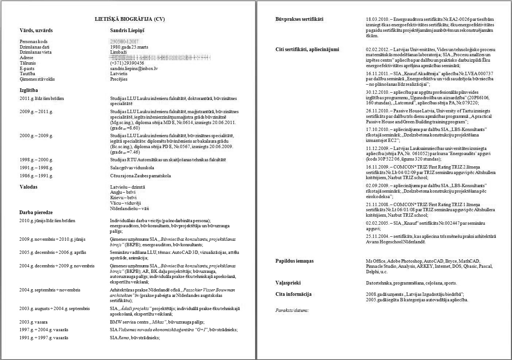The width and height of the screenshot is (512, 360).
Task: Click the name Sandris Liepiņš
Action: pos(127,30)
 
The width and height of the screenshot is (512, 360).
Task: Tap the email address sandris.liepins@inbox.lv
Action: pos(134,68)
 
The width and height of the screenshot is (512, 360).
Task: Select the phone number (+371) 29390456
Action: pos(127,63)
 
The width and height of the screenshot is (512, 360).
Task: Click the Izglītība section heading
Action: pos(29,90)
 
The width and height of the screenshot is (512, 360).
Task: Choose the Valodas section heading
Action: pos(28,187)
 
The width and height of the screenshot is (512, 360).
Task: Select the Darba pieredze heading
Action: pos(36,212)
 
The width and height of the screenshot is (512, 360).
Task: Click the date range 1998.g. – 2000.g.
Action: pos(36,160)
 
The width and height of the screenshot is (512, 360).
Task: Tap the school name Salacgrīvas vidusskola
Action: pos(132,168)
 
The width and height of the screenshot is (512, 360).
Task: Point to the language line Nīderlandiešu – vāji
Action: pos(129,209)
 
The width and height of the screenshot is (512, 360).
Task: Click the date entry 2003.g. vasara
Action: pos(34,322)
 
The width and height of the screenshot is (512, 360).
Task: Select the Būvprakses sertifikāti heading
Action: pos(299,19)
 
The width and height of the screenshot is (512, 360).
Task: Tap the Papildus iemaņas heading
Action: pos(294,261)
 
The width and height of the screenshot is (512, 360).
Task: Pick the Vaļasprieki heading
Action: pos(288,283)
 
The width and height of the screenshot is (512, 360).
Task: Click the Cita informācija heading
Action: pos(293,294)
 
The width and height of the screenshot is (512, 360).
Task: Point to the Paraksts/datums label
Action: pos(292,310)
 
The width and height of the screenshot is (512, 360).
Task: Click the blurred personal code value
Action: pos(121,42)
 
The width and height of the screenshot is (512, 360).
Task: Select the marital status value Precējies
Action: pos(119,79)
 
